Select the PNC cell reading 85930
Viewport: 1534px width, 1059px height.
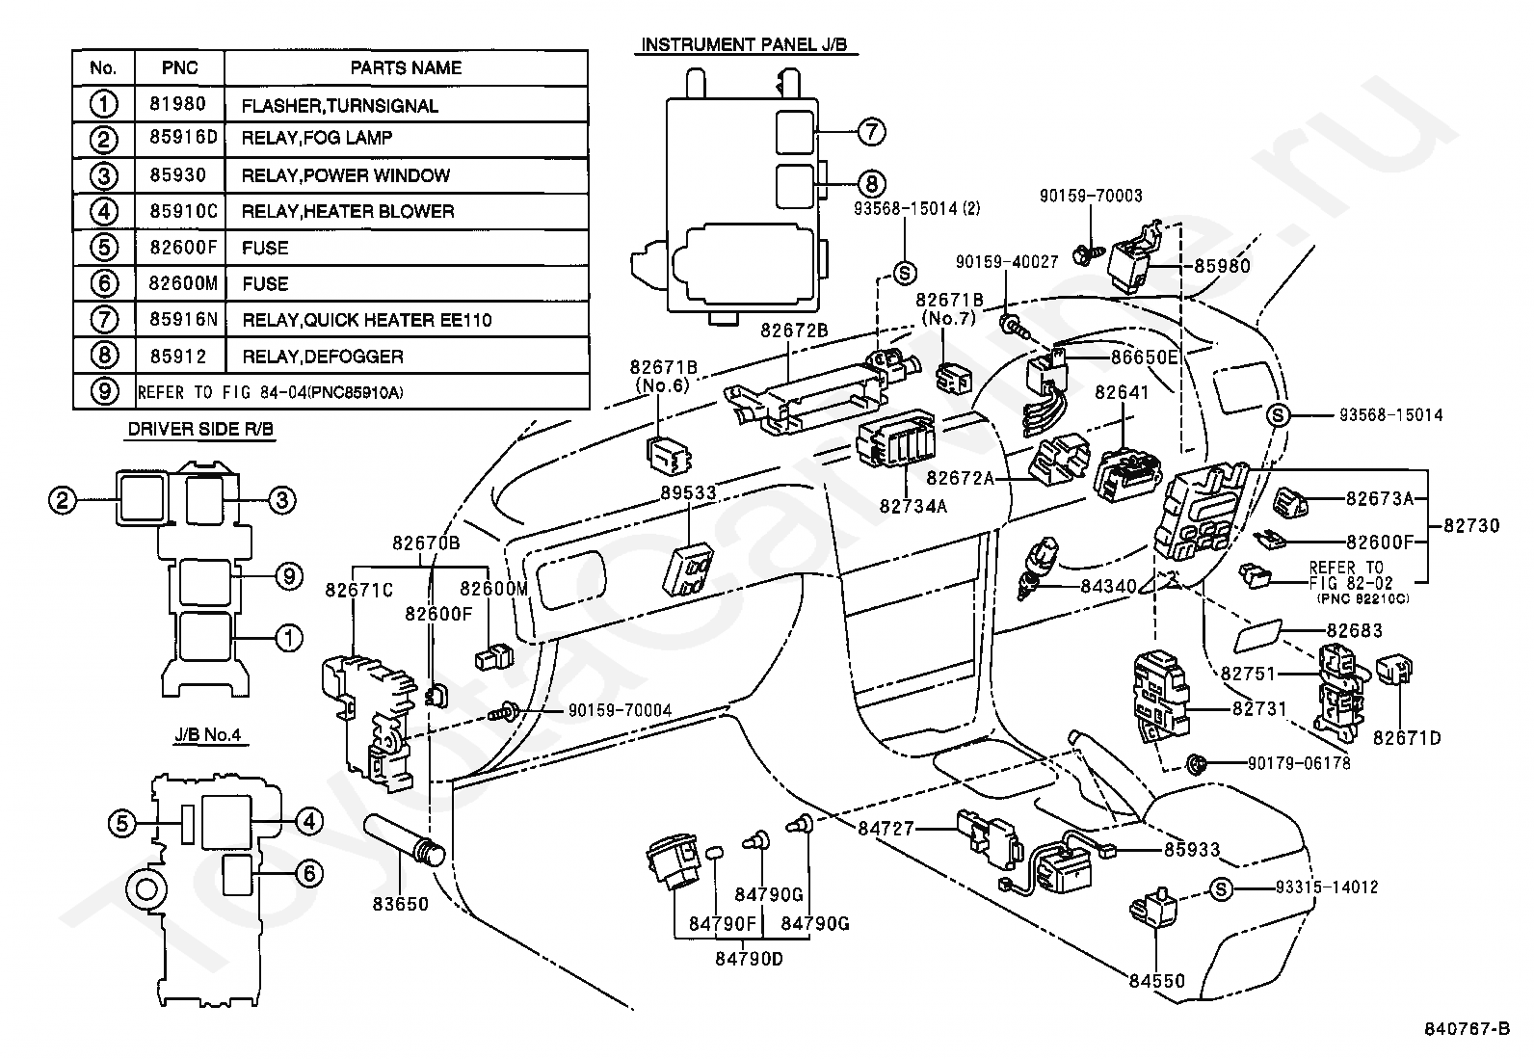coord(178,174)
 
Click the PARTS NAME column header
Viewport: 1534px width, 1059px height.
coord(406,67)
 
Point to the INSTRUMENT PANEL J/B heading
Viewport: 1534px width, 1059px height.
coord(745,44)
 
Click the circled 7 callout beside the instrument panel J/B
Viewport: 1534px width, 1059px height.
coord(871,131)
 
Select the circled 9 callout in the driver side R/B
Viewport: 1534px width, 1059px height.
coord(289,576)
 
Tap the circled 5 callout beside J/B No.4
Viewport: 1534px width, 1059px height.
coord(122,823)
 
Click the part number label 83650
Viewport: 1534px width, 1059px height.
coord(401,904)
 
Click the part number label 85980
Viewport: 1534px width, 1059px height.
coord(1223,266)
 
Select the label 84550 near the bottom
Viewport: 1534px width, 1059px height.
coord(1156,981)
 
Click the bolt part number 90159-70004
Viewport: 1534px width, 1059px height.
coord(620,710)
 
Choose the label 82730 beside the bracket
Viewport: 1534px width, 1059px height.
coord(1471,525)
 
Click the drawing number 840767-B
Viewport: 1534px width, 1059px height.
coord(1466,1029)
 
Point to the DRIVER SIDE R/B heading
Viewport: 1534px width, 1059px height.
coord(200,429)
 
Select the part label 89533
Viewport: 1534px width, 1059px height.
coord(688,492)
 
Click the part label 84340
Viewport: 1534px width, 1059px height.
coord(1109,587)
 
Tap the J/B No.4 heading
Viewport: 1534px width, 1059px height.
coord(207,735)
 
